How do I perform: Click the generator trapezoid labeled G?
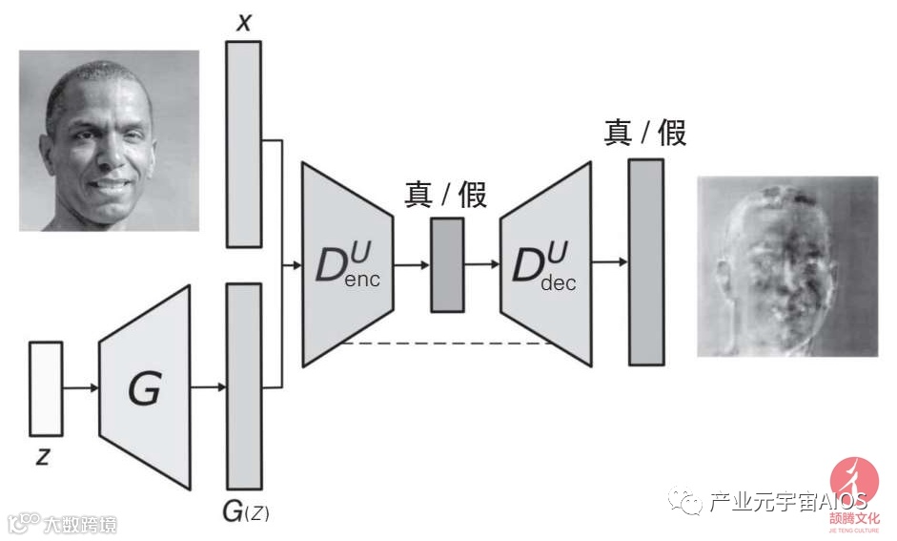coord(145,387)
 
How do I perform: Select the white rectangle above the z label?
coord(46,387)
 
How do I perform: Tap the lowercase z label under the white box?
coord(43,456)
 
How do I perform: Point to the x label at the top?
coord(244,21)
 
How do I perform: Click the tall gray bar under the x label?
coord(243,143)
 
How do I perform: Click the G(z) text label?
coord(245,512)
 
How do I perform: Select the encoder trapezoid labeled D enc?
coord(348,264)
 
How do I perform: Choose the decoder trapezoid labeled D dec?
coord(545,264)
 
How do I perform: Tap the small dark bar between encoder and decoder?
coord(446,264)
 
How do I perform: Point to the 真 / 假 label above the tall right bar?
coord(644,132)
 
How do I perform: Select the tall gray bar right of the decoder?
coord(645,261)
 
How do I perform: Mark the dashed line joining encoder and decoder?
coord(446,343)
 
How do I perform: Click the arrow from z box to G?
coord(80,387)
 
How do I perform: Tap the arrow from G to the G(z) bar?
coord(208,387)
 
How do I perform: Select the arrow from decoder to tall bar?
coord(609,261)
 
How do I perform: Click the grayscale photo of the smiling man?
coord(109,140)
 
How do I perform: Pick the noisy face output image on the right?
coord(786,266)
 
